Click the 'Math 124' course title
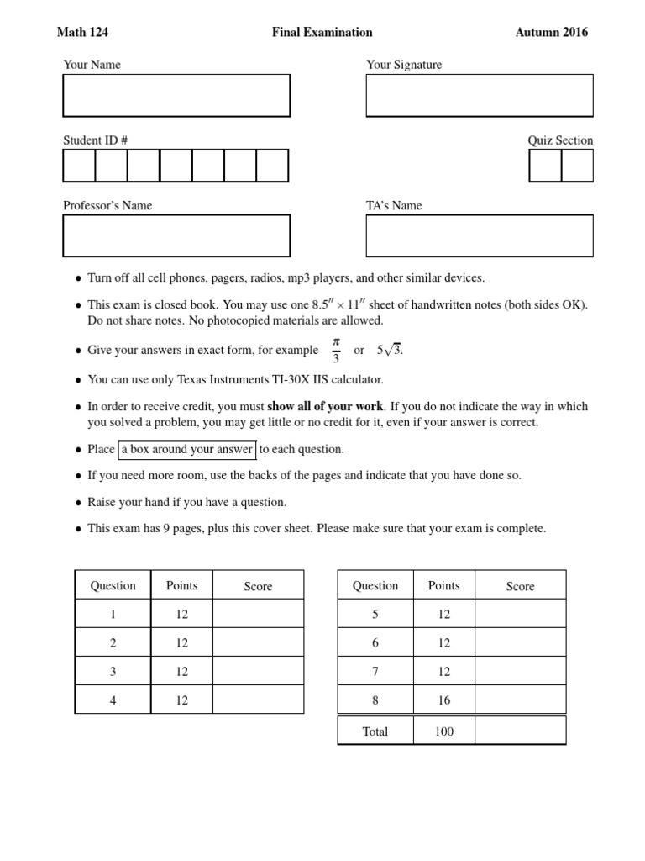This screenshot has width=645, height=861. point(82,33)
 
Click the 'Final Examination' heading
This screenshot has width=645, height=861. point(322,33)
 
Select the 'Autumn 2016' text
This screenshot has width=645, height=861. point(552,33)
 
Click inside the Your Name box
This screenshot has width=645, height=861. point(176,95)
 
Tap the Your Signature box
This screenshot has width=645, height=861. point(480,95)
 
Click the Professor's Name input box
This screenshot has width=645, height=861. point(176,235)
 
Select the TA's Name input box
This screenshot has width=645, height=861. point(480,235)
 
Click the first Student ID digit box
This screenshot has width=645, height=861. point(79,166)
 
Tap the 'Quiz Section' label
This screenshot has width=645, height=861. point(560,140)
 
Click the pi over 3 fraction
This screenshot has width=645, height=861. point(335,350)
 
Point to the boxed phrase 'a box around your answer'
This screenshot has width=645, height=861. point(186,449)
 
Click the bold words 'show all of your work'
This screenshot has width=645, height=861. point(325,406)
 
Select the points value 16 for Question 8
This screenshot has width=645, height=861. point(443,700)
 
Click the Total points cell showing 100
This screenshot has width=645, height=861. point(443,732)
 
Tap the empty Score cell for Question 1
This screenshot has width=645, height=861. point(258,614)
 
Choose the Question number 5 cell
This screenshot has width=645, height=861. point(375,614)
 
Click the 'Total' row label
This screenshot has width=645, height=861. point(375,732)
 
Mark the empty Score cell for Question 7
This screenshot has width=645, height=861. point(520,671)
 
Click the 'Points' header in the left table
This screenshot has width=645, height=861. point(182,585)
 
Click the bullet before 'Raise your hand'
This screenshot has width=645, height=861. point(78,503)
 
